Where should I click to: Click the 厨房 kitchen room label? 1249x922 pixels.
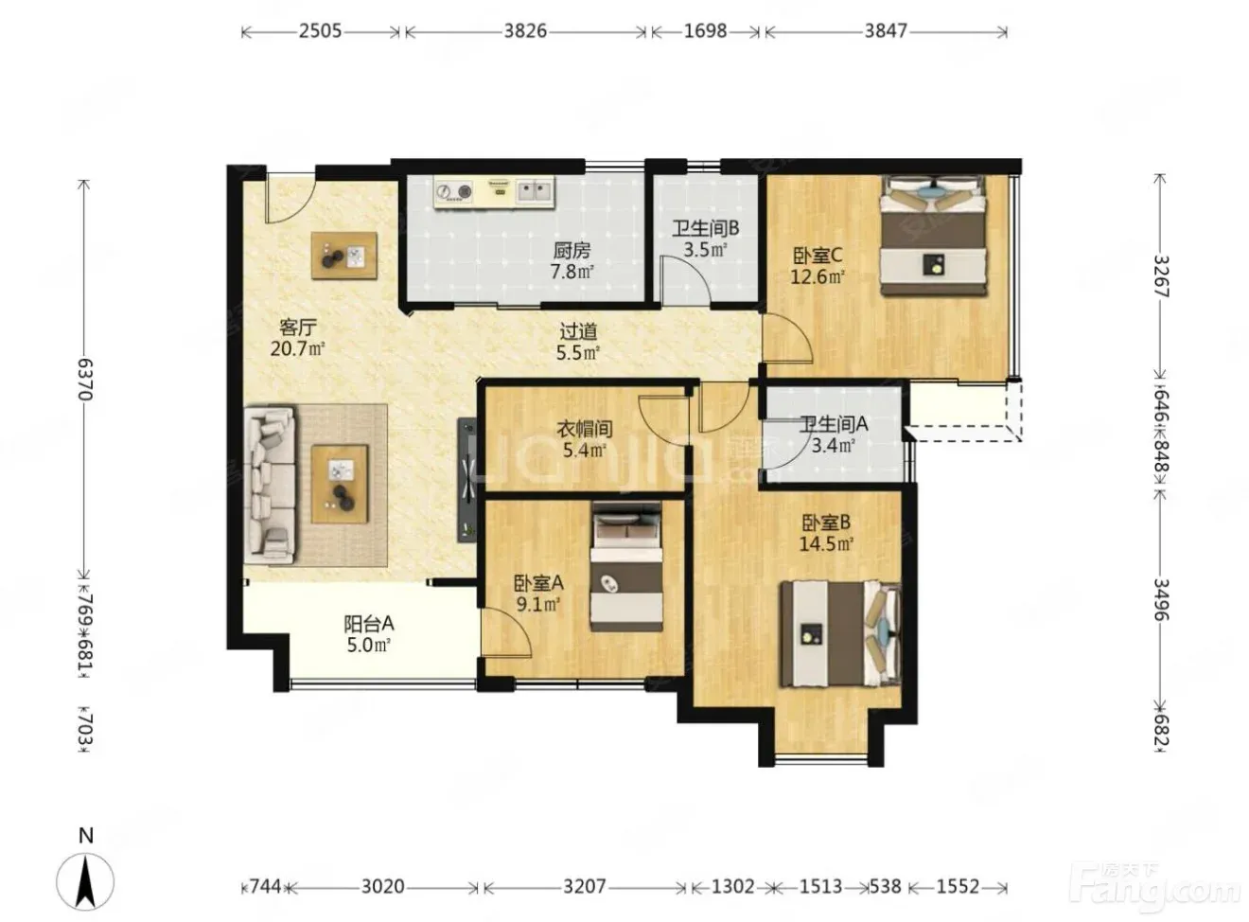click(x=572, y=249)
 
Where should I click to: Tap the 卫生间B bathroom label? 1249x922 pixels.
click(x=705, y=228)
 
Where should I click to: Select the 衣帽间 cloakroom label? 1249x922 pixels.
click(x=585, y=430)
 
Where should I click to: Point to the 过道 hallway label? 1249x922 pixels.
click(x=578, y=330)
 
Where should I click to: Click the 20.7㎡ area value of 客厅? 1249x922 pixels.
click(x=298, y=349)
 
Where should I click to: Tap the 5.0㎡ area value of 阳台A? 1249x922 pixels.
click(x=369, y=645)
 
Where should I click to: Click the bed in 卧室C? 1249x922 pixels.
click(x=934, y=235)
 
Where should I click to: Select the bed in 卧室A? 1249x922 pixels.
click(x=626, y=567)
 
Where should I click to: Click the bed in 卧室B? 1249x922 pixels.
click(x=840, y=634)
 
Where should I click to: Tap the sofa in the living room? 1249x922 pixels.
click(x=270, y=485)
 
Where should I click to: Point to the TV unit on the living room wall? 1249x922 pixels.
click(x=467, y=480)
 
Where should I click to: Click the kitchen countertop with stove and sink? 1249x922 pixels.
click(x=494, y=192)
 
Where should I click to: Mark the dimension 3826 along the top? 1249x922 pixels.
click(x=525, y=31)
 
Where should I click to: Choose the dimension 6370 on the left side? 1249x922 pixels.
click(x=85, y=379)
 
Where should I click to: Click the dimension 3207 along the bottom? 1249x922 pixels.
click(x=585, y=887)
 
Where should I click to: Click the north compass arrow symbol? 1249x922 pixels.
click(x=85, y=882)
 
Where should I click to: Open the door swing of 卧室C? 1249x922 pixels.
click(x=787, y=336)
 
